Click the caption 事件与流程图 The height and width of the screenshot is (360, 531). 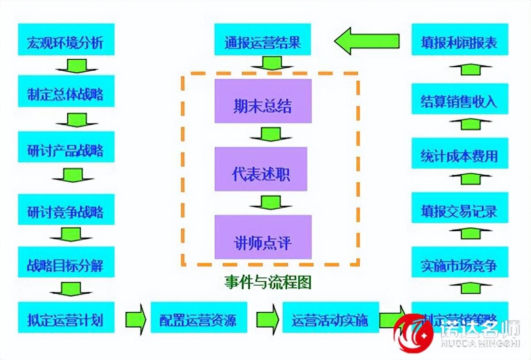pos(267,282)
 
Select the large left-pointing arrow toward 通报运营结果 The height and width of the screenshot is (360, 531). pos(367,41)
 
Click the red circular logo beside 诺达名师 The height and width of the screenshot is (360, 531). pos(415,332)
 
